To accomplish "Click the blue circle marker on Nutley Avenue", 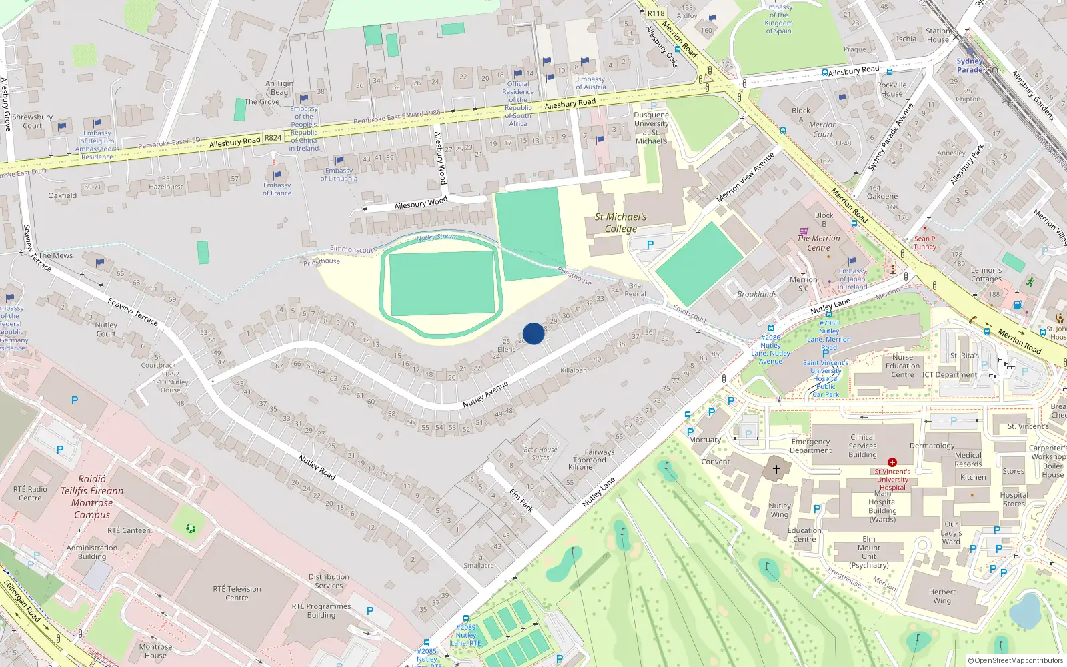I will (x=533, y=333).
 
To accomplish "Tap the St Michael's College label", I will (x=621, y=223).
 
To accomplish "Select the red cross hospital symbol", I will (x=892, y=462).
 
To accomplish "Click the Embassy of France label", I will (x=277, y=189).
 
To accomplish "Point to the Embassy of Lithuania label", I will (x=339, y=175).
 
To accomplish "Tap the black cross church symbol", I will (x=776, y=470).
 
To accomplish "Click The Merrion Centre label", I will (x=818, y=243).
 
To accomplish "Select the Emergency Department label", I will (x=810, y=446).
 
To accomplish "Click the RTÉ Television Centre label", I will (x=237, y=593).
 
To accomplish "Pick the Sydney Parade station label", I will (x=970, y=65).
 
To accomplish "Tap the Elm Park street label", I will (x=521, y=500).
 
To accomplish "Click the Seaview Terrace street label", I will (x=133, y=311).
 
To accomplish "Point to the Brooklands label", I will (x=757, y=294).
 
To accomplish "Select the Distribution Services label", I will (x=329, y=581).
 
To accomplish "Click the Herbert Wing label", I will (x=942, y=596).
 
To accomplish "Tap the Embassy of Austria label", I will (x=591, y=83).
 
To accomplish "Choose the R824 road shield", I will (x=273, y=138).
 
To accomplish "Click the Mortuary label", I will (x=705, y=440).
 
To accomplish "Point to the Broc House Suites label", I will (x=540, y=454).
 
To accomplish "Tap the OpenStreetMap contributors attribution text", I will (x=1015, y=660).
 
